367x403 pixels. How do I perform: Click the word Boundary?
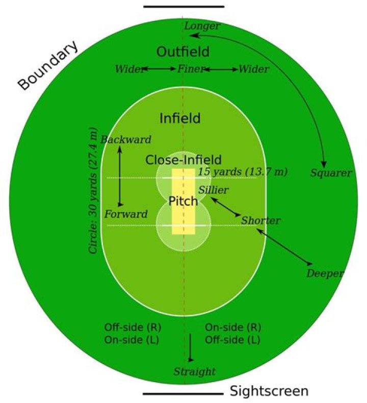point(48,66)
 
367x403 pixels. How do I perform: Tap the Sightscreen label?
point(269,391)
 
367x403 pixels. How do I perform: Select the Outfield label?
point(183,51)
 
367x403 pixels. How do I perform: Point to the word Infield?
point(180,118)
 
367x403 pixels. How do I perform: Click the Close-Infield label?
point(183,159)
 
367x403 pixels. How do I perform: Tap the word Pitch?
point(183,201)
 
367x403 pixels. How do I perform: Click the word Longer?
point(202,26)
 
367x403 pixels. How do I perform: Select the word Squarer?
point(331,173)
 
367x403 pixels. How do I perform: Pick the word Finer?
point(191,69)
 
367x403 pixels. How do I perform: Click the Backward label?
point(125,140)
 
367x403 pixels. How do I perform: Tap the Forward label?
point(126,214)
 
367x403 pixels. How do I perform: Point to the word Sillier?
point(214,190)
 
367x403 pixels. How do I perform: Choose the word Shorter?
point(260,221)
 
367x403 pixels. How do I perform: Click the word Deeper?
point(325,274)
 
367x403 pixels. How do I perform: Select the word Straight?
point(195,371)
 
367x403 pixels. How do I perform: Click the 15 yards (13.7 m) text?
point(243,171)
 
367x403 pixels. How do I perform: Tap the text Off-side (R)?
point(133,327)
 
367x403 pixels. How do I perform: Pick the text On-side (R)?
point(233,327)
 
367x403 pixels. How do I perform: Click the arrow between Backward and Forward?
point(120,176)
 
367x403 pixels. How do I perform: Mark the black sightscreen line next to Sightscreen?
point(183,393)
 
